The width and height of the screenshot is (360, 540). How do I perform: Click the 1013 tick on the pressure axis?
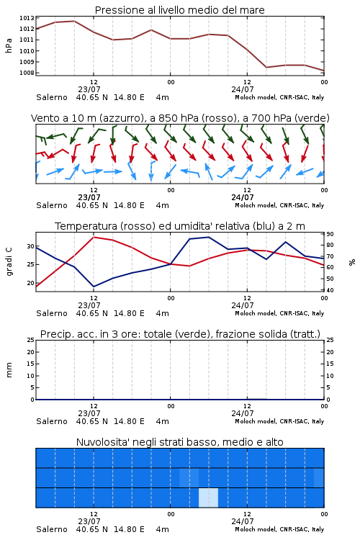[x=27, y=18]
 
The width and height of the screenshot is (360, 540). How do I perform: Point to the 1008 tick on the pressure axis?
[x=27, y=73]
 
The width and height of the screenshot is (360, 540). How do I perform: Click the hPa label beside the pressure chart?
[x=9, y=45]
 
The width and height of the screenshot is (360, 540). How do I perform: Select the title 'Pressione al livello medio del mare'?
[x=180, y=10]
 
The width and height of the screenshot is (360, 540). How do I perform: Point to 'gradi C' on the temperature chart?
[x=9, y=261]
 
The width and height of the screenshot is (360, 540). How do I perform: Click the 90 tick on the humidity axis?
[x=330, y=234]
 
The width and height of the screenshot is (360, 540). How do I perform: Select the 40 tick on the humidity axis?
[x=330, y=290]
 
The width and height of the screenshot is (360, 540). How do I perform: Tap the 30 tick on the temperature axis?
[x=31, y=246]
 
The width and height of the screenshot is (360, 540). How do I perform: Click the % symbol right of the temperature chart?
[x=352, y=262]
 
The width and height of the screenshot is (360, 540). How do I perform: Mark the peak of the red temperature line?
[x=94, y=237]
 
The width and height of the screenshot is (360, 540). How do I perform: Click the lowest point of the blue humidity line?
[x=94, y=287]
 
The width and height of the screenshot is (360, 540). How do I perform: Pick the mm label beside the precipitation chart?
[x=9, y=370]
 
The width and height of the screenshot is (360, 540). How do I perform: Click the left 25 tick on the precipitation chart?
[x=31, y=340]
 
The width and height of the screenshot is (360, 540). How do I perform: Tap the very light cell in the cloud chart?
[x=208, y=498]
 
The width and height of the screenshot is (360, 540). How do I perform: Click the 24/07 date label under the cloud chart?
[x=243, y=521]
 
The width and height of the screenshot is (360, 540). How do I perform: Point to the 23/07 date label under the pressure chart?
[x=89, y=89]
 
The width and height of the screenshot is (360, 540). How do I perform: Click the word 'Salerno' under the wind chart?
[x=52, y=205]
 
